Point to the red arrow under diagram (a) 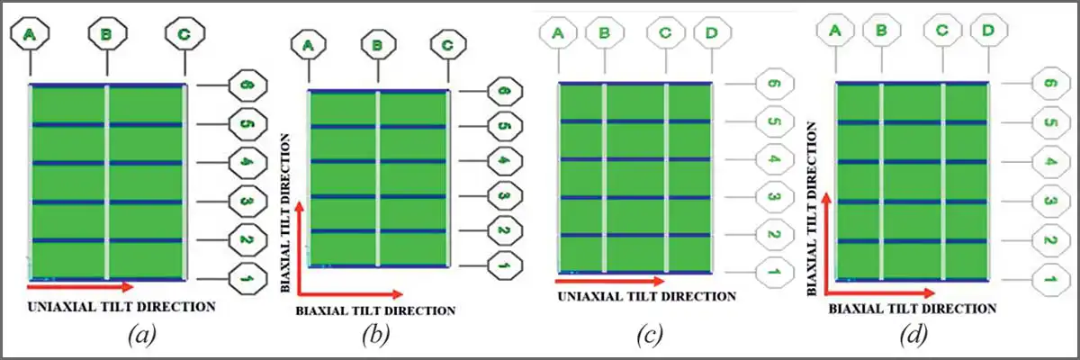click(x=80, y=287)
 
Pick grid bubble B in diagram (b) click(x=378, y=43)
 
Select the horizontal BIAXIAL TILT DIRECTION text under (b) click(x=375, y=310)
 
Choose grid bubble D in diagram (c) click(x=712, y=33)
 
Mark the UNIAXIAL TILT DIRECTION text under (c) click(x=645, y=296)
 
